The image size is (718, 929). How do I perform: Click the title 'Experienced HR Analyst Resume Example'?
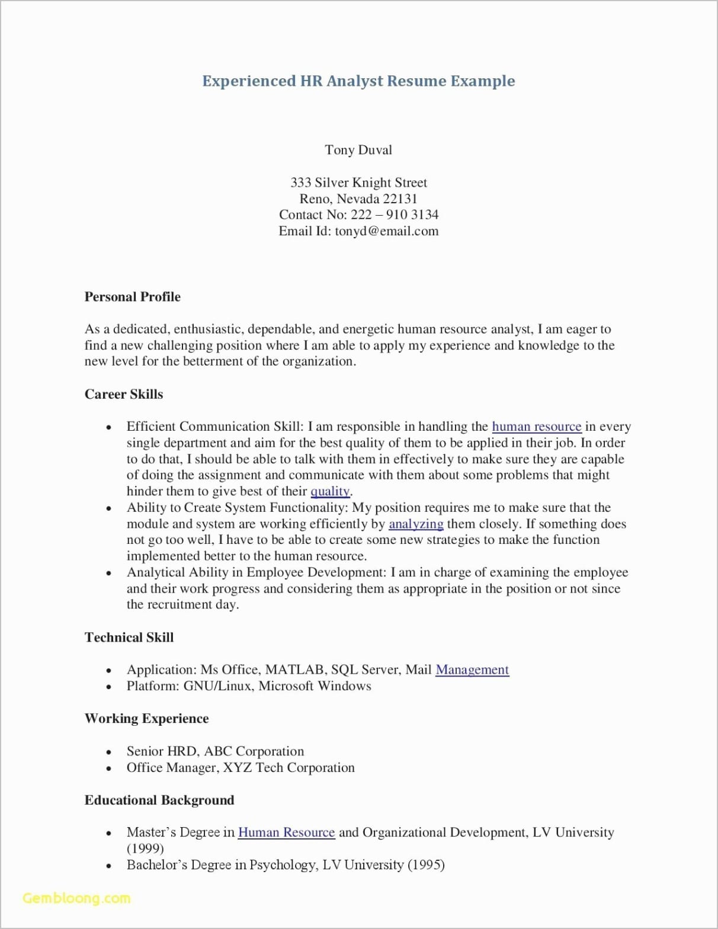(358, 81)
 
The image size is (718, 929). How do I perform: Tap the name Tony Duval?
(358, 150)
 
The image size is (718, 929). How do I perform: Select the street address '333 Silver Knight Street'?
(358, 182)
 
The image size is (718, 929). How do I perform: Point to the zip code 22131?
(399, 199)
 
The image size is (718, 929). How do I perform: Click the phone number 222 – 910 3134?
(395, 215)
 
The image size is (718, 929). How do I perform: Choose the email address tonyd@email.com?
(386, 231)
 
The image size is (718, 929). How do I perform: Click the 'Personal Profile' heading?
(132, 297)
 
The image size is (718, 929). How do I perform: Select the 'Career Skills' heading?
(123, 395)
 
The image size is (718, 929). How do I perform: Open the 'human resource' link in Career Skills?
(536, 427)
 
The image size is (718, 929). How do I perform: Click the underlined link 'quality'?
(330, 491)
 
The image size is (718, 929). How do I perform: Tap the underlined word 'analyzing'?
(416, 524)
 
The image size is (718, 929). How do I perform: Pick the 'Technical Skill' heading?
(129, 638)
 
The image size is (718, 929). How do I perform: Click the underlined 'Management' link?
(472, 669)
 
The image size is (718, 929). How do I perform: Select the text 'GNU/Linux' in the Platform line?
(219, 686)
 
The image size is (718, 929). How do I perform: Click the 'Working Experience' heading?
(146, 719)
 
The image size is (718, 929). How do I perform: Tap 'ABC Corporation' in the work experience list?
(254, 751)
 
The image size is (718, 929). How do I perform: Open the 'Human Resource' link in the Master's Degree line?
(286, 832)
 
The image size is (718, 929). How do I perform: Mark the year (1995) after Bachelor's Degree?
(426, 865)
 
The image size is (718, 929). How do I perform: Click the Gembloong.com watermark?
(76, 898)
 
